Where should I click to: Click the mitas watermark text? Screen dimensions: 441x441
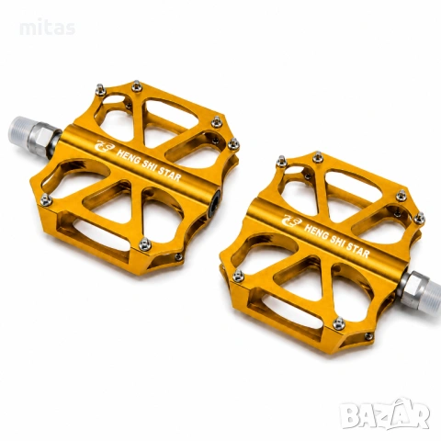pyautogui.click(x=48, y=28)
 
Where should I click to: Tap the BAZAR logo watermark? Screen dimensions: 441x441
pyautogui.click(x=386, y=414)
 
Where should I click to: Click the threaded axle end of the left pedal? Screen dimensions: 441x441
pyautogui.click(x=19, y=131)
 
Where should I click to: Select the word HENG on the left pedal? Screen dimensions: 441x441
pyautogui.click(x=128, y=155)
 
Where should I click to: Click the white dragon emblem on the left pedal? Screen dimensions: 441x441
pyautogui.click(x=103, y=146)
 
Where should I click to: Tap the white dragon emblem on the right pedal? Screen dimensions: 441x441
pyautogui.click(x=291, y=220)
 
